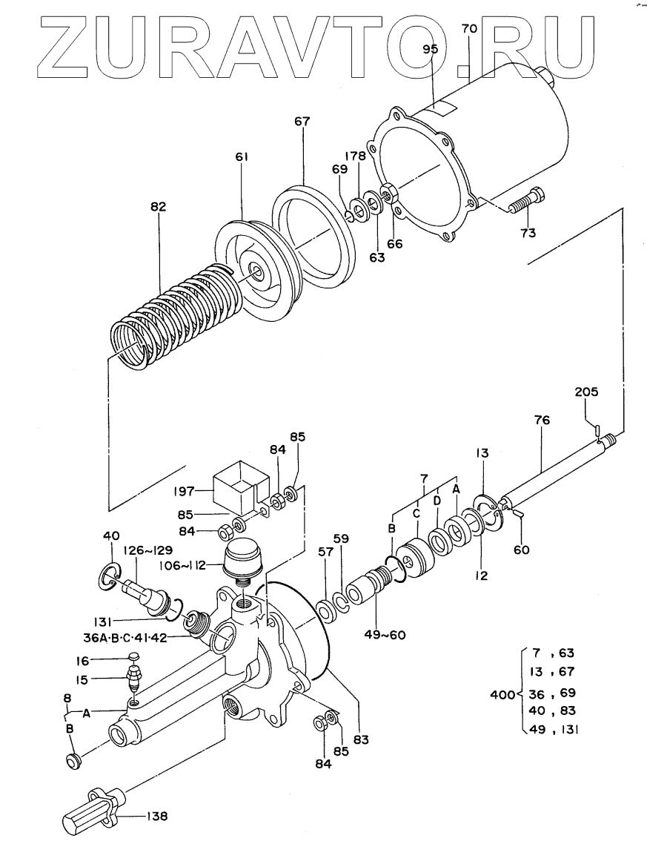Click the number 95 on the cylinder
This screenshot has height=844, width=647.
coord(431,50)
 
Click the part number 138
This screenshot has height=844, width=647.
coord(156,817)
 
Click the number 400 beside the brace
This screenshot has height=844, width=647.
coord(502,694)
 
